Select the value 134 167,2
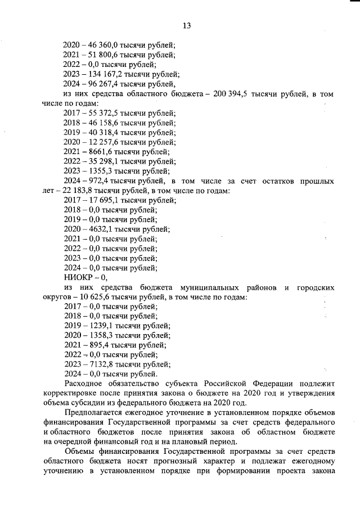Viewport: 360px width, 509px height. coord(103,74)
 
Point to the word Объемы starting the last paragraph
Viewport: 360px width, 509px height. coord(80,452)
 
